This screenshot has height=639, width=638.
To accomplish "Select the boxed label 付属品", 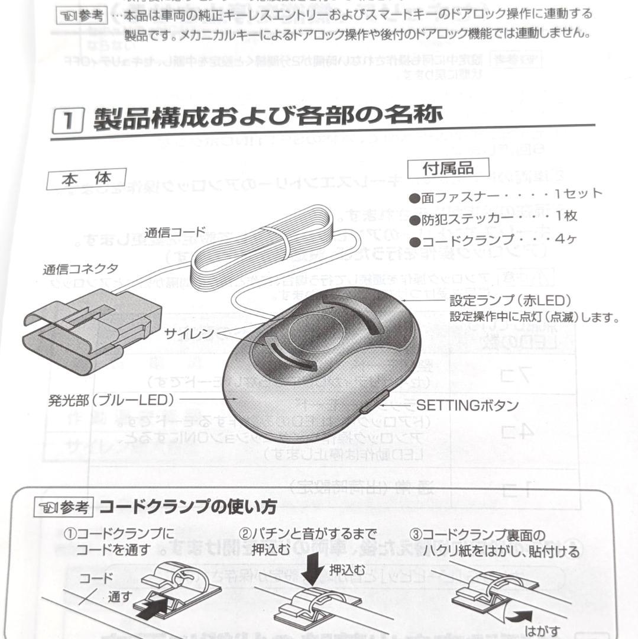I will [448, 168].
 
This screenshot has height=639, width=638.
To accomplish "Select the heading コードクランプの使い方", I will [187, 507].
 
